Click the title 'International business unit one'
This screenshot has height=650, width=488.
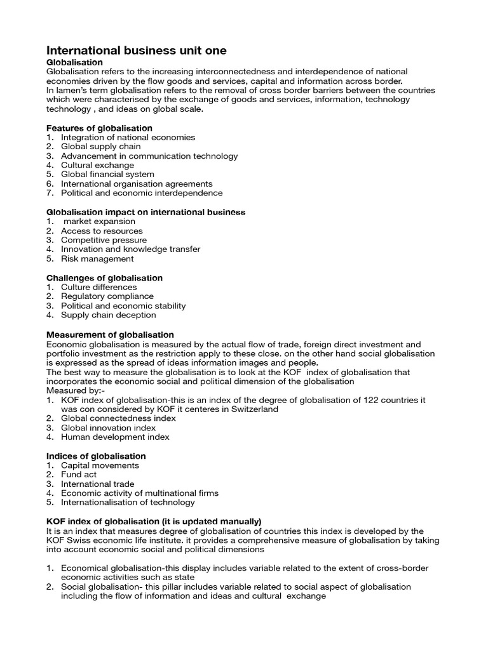coord(137,50)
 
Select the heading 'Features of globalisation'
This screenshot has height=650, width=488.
coord(100,128)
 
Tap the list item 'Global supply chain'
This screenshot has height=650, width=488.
coord(101,147)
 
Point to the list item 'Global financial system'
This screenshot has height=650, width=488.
coord(107,175)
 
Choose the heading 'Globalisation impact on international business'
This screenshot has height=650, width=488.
coord(146,212)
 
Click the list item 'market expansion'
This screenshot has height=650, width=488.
coord(100,222)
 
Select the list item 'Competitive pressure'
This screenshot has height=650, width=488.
coord(104,240)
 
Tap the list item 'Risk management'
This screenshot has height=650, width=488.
coord(97,258)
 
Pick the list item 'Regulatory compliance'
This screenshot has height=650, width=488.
coord(107,296)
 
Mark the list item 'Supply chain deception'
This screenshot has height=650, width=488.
coord(108,315)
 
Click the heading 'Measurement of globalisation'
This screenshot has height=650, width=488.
coord(111,335)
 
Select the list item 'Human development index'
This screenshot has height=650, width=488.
coord(115,437)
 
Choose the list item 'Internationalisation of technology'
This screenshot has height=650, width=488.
coord(128,502)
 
